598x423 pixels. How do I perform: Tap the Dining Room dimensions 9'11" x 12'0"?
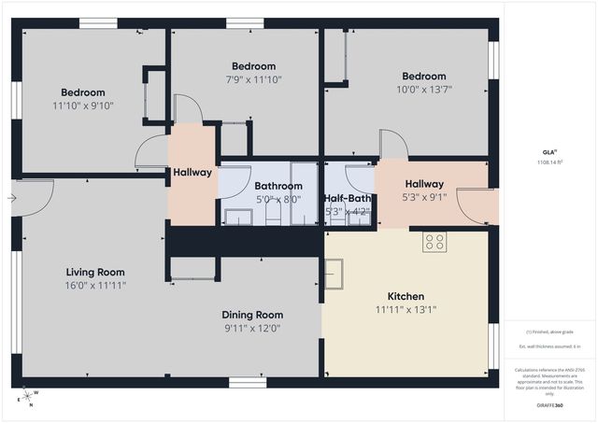pyautogui.click(x=252, y=329)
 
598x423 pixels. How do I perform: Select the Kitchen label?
pyautogui.click(x=406, y=294)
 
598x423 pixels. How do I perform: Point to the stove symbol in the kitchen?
pyautogui.click(x=434, y=243)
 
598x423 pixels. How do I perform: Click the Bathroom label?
pyautogui.click(x=278, y=185)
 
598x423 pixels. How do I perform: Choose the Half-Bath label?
pyautogui.click(x=348, y=198)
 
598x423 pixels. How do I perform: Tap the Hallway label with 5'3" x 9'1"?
pyautogui.click(x=424, y=197)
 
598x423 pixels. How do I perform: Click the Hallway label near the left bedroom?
pyautogui.click(x=192, y=173)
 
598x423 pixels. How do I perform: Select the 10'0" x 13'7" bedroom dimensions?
pyautogui.click(x=424, y=91)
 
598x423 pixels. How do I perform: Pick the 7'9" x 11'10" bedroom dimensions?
pyautogui.click(x=253, y=80)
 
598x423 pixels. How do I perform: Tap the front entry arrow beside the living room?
pyautogui.click(x=10, y=198)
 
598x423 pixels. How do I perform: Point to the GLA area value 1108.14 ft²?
pyautogui.click(x=550, y=162)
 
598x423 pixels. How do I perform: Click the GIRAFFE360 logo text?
pyautogui.click(x=550, y=406)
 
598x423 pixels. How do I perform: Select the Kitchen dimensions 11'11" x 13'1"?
pyautogui.click(x=406, y=309)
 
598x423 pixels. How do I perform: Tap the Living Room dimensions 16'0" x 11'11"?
pyautogui.click(x=96, y=286)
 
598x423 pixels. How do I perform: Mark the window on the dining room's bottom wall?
pyautogui.click(x=247, y=382)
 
